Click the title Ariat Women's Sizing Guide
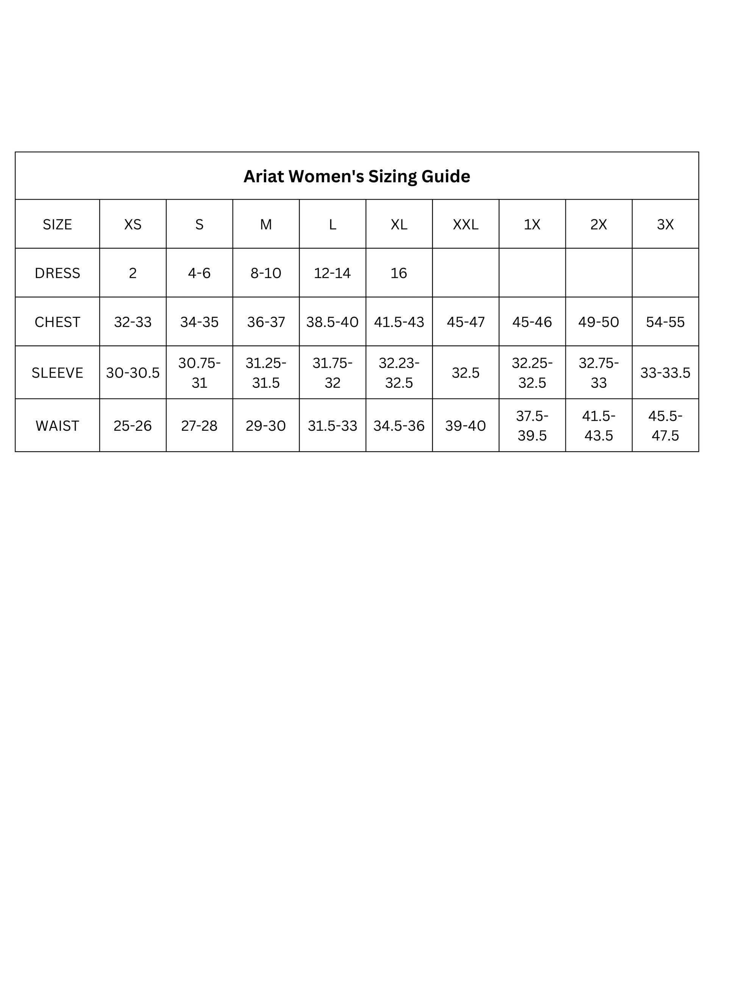356,177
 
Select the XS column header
133,224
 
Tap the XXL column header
465,224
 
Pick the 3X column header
665,224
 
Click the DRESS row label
57,273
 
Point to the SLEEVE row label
57,372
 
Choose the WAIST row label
57,426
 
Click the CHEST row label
57,322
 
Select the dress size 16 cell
398,273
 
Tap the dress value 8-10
265,273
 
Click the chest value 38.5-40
332,322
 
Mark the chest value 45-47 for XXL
465,322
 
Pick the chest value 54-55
665,322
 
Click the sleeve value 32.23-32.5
398,372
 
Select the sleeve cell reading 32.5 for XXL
465,372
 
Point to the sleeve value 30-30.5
133,372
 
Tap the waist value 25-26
133,426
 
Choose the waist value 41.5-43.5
598,426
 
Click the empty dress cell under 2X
598,273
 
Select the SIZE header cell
57,224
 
